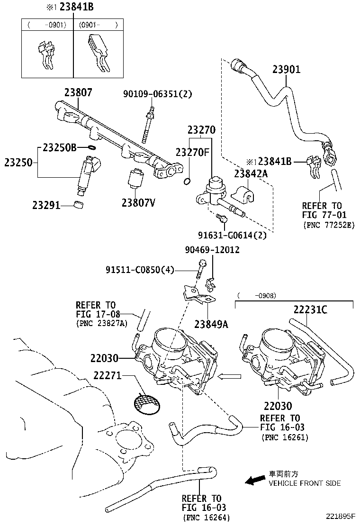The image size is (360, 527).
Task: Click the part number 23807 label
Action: (x=78, y=93)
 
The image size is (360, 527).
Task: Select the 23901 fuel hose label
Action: (x=287, y=70)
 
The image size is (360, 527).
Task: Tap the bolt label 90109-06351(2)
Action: (x=158, y=94)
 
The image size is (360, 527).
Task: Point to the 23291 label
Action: (x=46, y=205)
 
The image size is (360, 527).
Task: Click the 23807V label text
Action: (x=138, y=203)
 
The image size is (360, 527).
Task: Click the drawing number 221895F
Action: (x=340, y=516)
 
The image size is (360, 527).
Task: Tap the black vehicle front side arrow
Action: (x=255, y=480)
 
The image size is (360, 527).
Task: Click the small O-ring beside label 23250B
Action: (x=93, y=148)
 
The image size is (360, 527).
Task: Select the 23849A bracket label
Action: (x=211, y=324)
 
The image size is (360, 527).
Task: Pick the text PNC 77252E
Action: (x=328, y=225)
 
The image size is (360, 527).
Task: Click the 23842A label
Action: (x=251, y=174)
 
